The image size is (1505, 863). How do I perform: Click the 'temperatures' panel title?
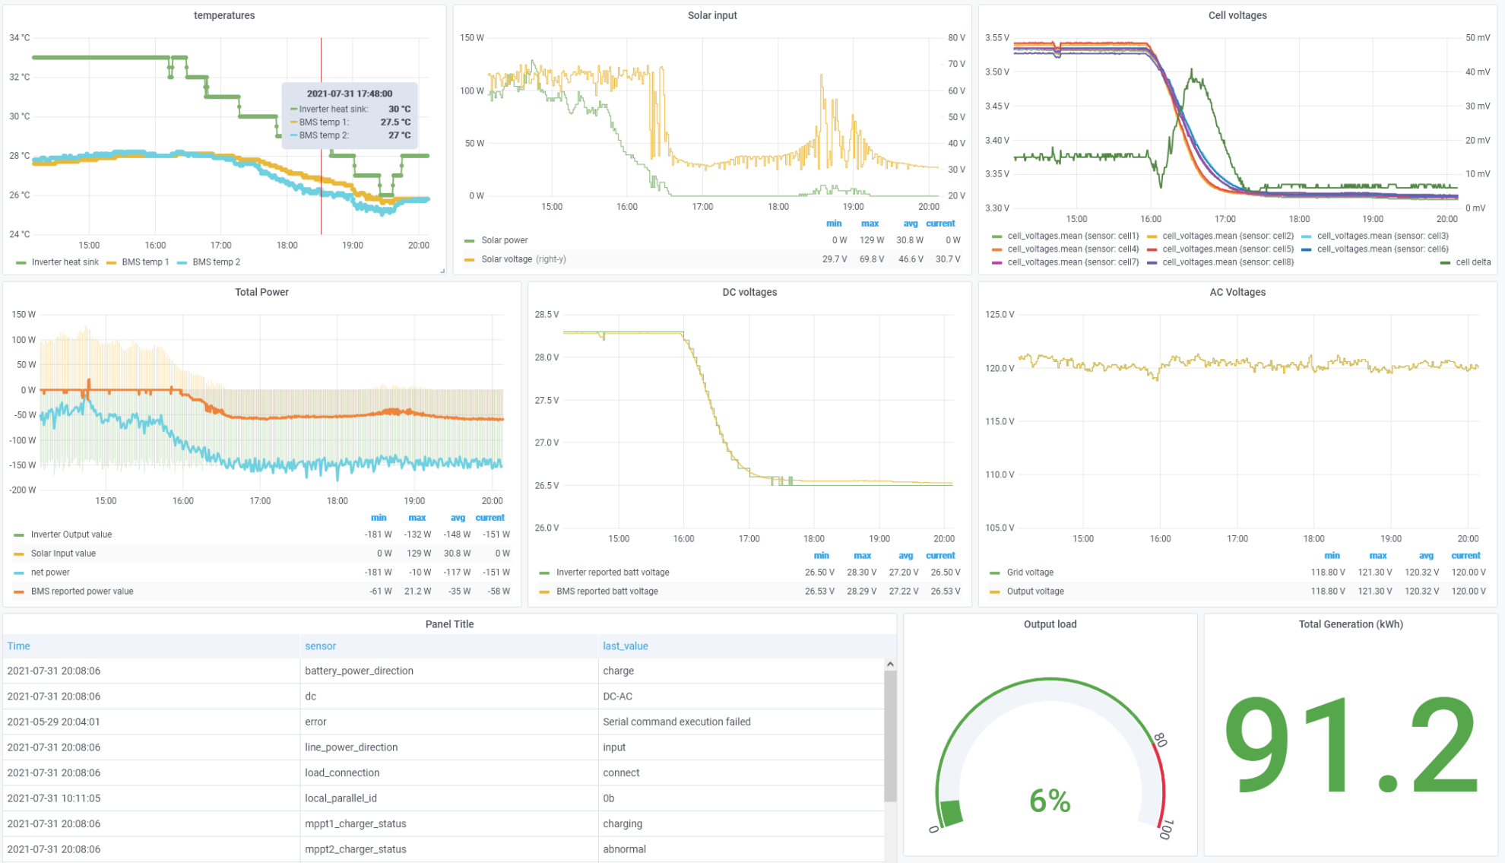tap(224, 15)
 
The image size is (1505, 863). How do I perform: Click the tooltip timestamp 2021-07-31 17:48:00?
tap(350, 94)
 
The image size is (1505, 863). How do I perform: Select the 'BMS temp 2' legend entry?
tap(216, 262)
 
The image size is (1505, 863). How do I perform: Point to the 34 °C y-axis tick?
tap(20, 38)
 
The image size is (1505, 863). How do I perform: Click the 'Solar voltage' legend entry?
tap(506, 259)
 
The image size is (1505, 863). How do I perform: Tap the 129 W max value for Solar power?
tap(871, 240)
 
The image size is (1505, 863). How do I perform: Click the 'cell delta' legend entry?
tap(1472, 262)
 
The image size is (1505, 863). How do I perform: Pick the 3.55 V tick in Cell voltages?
tap(996, 38)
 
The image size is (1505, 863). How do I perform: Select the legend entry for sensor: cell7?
tap(1073, 262)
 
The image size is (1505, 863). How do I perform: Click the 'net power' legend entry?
tap(50, 573)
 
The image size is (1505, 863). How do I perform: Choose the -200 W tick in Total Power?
tap(23, 490)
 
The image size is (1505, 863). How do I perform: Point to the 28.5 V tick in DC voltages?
tap(547, 315)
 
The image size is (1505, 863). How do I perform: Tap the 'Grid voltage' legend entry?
tap(1029, 573)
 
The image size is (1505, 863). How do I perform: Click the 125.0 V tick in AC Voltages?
tap(1000, 315)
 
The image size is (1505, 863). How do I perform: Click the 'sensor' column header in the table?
tap(320, 646)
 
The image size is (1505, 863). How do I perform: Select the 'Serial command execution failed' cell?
tap(676, 722)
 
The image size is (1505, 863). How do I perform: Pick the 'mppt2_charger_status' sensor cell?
tap(355, 849)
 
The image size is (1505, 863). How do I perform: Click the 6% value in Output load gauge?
tap(1050, 801)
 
